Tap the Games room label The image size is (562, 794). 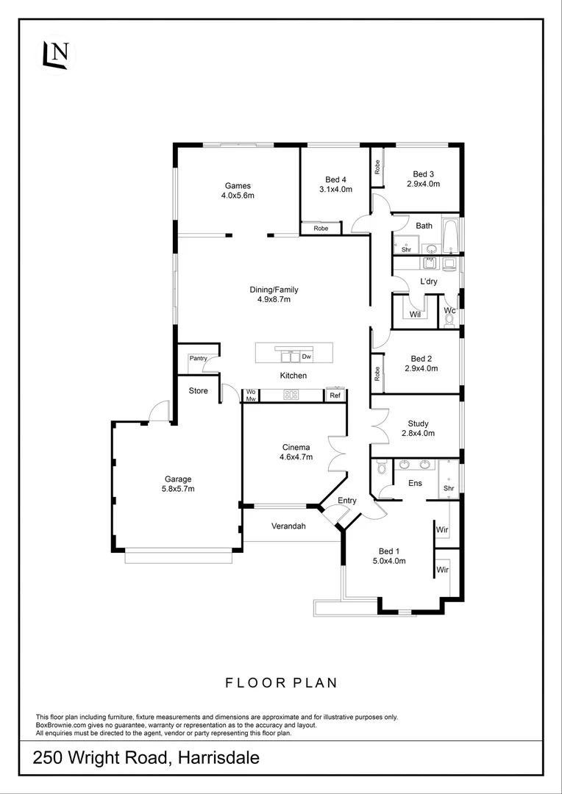238,185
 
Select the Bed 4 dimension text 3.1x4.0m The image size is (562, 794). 335,190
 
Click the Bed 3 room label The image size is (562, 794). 423,174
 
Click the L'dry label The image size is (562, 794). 429,282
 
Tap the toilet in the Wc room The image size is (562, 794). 449,320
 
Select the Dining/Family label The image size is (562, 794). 274,290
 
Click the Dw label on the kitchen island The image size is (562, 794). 307,357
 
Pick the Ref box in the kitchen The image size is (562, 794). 335,396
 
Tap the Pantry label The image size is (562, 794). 198,358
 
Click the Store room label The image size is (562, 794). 199,390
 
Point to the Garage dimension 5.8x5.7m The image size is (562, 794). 177,488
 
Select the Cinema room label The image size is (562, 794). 296,447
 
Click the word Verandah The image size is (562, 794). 288,526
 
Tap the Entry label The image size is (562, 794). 347,501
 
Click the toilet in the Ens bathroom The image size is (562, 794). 381,468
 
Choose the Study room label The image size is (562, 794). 418,423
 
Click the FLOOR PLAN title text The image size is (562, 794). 281,683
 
